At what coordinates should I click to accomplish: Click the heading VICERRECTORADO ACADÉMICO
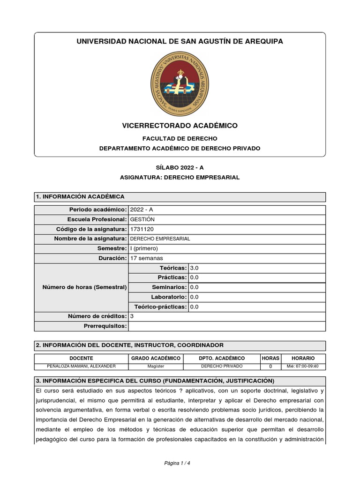[x=180, y=126]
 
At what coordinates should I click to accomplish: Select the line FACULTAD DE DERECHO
[x=180, y=139]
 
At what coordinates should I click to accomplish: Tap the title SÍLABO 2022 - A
[x=180, y=167]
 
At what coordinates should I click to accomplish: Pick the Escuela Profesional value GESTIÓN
[x=142, y=219]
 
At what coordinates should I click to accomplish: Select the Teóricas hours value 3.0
[x=195, y=268]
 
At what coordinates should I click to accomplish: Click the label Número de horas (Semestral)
[x=84, y=287]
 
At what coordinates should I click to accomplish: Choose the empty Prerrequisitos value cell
[x=226, y=326]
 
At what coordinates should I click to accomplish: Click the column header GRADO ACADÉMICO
[x=156, y=358]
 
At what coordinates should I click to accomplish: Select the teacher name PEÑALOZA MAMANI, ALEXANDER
[x=82, y=366]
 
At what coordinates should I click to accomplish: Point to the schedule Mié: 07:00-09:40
[x=303, y=366]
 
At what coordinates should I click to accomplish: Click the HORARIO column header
[x=303, y=358]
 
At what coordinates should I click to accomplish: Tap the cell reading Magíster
[x=156, y=366]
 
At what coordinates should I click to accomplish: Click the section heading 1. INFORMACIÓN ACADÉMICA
[x=80, y=197]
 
